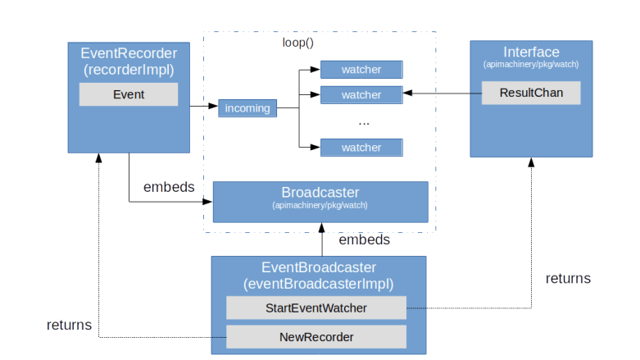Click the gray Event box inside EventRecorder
[x=129, y=94]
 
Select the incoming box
[x=247, y=108]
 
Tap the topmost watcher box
[x=361, y=70]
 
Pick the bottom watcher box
[x=361, y=148]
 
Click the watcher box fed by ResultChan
[x=361, y=95]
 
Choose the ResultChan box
[x=531, y=93]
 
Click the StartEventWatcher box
[x=316, y=308]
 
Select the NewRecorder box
[x=316, y=336]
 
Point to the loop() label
[x=298, y=43]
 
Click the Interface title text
[x=531, y=52]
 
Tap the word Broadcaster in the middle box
[x=320, y=193]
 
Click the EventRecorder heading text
[x=129, y=53]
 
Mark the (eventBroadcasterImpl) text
[x=319, y=284]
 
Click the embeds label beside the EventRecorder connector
[x=169, y=187]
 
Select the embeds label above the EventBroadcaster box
[x=364, y=240]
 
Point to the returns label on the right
[x=568, y=279]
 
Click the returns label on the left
[x=70, y=326]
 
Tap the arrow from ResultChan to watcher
[x=443, y=94]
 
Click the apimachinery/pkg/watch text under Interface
[x=531, y=65]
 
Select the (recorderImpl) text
[x=129, y=70]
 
